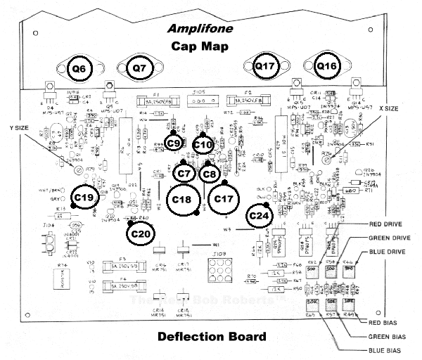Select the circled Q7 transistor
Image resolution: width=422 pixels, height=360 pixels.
(x=140, y=68)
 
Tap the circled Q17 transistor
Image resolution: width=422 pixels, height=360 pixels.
(x=266, y=67)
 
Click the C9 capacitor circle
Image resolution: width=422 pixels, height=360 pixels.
(x=175, y=143)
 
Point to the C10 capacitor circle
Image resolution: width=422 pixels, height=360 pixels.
(x=203, y=145)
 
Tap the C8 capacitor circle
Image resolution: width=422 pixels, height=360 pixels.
(x=209, y=173)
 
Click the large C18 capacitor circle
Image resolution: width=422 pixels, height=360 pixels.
(x=182, y=199)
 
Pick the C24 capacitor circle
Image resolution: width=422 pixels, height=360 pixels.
(x=260, y=216)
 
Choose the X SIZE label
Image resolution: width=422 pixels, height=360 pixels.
(x=389, y=109)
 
